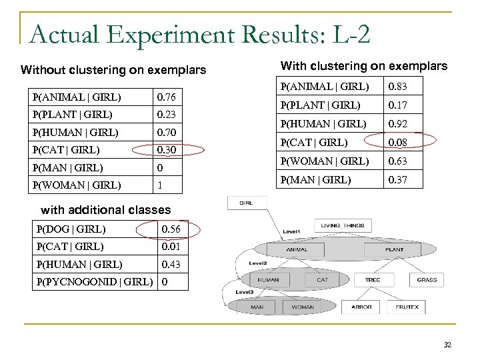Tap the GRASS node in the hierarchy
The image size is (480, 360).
(426, 280)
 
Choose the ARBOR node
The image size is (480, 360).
(361, 307)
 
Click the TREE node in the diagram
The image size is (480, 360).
(372, 280)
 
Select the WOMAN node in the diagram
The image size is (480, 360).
(303, 307)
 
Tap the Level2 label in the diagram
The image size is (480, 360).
(258, 264)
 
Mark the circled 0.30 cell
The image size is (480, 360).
(167, 150)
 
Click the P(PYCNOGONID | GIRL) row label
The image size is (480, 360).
(93, 281)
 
